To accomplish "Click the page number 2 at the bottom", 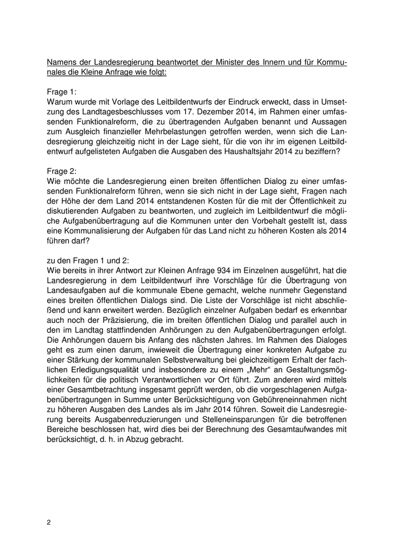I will pos(49,522).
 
